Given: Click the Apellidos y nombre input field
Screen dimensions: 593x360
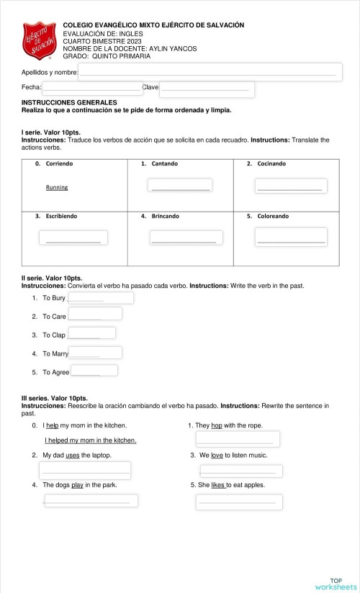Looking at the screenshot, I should pos(210,72).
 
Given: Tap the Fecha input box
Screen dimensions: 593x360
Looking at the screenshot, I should pos(91,88).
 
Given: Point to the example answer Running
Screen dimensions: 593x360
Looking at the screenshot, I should pos(57,187).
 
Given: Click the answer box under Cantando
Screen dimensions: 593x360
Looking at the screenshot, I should pos(180,186).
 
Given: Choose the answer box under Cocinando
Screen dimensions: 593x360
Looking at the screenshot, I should pos(290,186).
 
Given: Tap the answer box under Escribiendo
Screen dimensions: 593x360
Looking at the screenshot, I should pos(73,238).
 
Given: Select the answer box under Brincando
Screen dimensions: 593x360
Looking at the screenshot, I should pos(184,237).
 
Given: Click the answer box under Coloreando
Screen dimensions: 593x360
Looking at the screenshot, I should pos(291,237).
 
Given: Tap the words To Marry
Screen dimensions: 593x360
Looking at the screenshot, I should pos(55,353).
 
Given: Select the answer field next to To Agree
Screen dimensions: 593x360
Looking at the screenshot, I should pos(94,371).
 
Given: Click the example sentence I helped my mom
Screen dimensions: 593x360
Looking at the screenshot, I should pos(90,440).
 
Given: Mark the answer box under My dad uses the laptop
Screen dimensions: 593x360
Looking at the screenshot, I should pos(85,471).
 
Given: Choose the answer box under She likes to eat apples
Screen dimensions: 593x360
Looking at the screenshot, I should pos(239,502).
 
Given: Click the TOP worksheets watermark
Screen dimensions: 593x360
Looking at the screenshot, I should pos(336,584).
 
